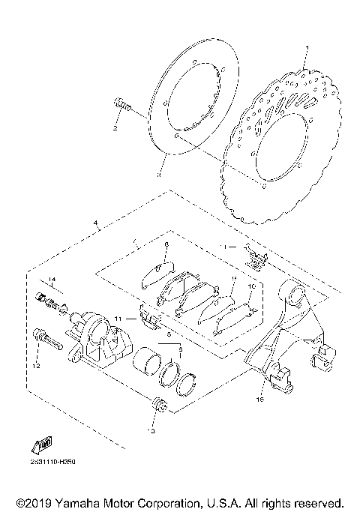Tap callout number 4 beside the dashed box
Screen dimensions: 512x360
coord(95,223)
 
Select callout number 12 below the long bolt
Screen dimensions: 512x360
coord(34,365)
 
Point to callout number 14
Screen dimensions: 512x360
coord(52,280)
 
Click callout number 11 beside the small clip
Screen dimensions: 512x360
coord(117,319)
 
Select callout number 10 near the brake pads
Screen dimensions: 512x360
coord(252,286)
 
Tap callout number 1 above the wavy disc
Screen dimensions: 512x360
coord(306,49)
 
